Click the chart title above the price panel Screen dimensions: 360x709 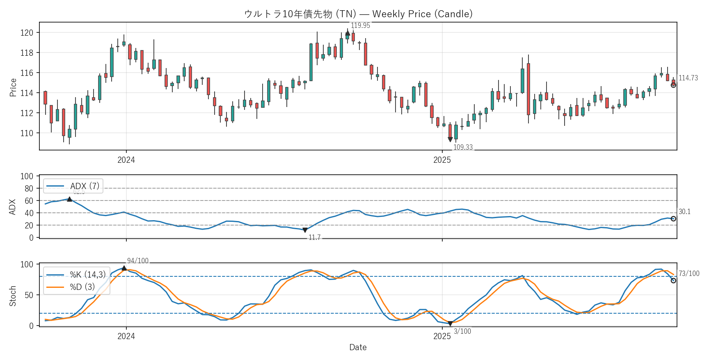pyautogui.click(x=358, y=14)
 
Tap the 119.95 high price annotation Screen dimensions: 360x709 pyautogui.click(x=360, y=25)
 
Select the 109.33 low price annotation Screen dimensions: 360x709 pyautogui.click(x=463, y=147)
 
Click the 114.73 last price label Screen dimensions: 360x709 pyautogui.click(x=688, y=78)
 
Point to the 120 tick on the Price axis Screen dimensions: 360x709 pyautogui.click(x=27, y=33)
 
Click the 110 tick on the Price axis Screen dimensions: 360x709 pyautogui.click(x=27, y=133)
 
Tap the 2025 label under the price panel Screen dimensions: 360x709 pyautogui.click(x=442, y=160)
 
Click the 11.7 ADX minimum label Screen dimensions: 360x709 pyautogui.click(x=314, y=237)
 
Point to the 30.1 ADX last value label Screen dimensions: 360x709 pyautogui.click(x=684, y=212)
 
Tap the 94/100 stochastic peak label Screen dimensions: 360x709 pyautogui.click(x=137, y=261)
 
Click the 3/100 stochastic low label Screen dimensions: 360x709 pyautogui.click(x=462, y=331)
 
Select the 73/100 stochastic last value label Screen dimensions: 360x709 pyautogui.click(x=689, y=273)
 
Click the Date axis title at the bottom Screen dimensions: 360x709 pyautogui.click(x=358, y=347)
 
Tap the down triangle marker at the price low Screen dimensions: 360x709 pyautogui.click(x=450, y=139)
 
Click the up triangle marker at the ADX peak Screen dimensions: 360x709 pyautogui.click(x=69, y=199)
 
